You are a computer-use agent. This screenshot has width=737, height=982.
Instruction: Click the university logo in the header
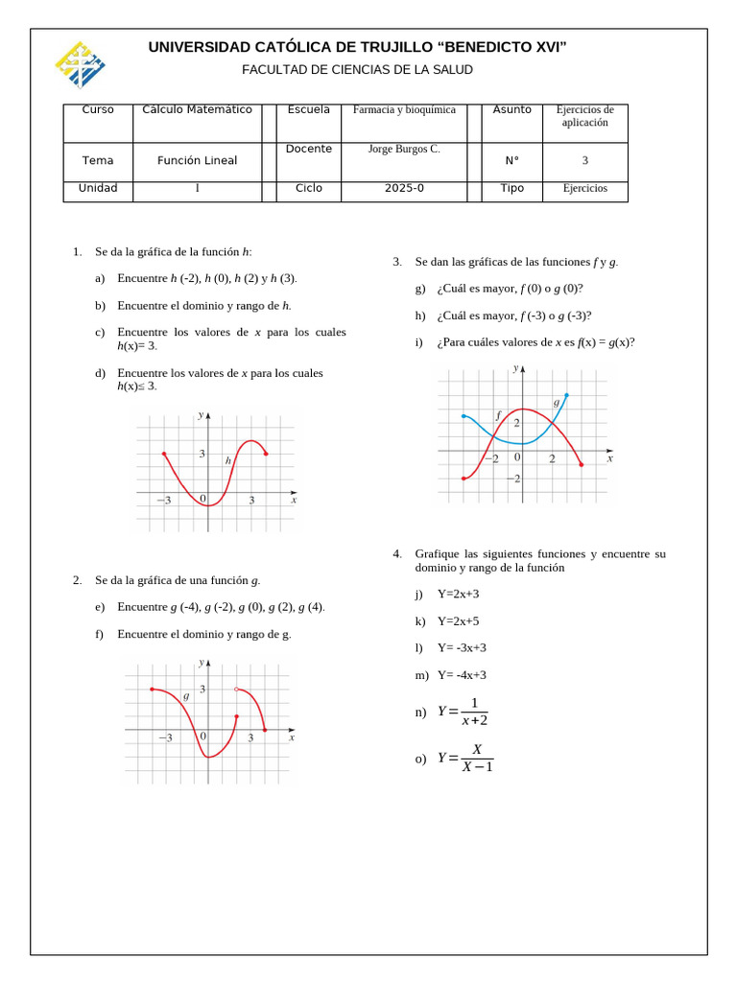click(80, 64)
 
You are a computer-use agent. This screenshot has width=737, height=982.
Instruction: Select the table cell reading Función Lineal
click(197, 161)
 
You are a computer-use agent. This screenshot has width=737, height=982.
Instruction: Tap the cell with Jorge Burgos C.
click(404, 150)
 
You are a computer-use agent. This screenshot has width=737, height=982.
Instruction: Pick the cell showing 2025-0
click(404, 189)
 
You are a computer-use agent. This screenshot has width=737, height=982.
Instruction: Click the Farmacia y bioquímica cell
click(404, 110)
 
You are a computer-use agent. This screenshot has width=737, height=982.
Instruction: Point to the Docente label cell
click(309, 150)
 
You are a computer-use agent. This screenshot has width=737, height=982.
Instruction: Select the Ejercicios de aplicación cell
click(584, 116)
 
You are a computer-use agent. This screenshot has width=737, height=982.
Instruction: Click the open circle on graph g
click(237, 689)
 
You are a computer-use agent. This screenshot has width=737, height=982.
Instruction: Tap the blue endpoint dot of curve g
click(566, 394)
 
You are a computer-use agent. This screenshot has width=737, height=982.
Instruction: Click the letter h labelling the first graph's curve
click(228, 460)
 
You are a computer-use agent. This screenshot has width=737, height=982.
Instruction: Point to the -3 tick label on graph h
click(164, 501)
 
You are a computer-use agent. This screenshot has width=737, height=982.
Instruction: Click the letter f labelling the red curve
click(498, 414)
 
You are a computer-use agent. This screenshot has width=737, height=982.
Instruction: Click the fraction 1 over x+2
click(473, 713)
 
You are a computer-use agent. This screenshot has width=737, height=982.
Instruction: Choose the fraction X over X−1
click(476, 758)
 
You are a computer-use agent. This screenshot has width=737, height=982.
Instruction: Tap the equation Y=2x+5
click(458, 621)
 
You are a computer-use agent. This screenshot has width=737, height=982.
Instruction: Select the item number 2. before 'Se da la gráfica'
click(77, 580)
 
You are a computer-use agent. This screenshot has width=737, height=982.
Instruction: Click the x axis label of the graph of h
click(294, 500)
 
